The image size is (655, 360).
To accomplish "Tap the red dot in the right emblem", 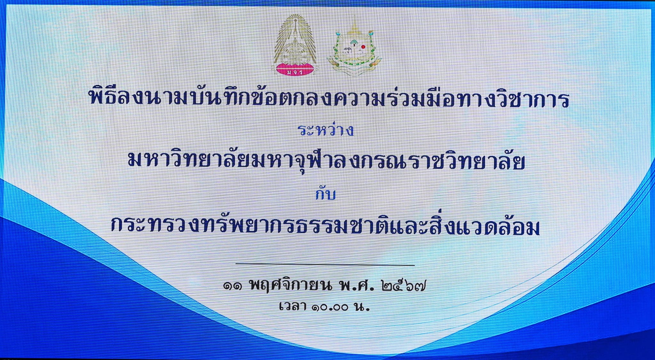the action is pos(363,47).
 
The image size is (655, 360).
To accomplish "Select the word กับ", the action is pos(325,193).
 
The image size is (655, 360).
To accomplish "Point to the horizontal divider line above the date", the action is pos(325,264).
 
